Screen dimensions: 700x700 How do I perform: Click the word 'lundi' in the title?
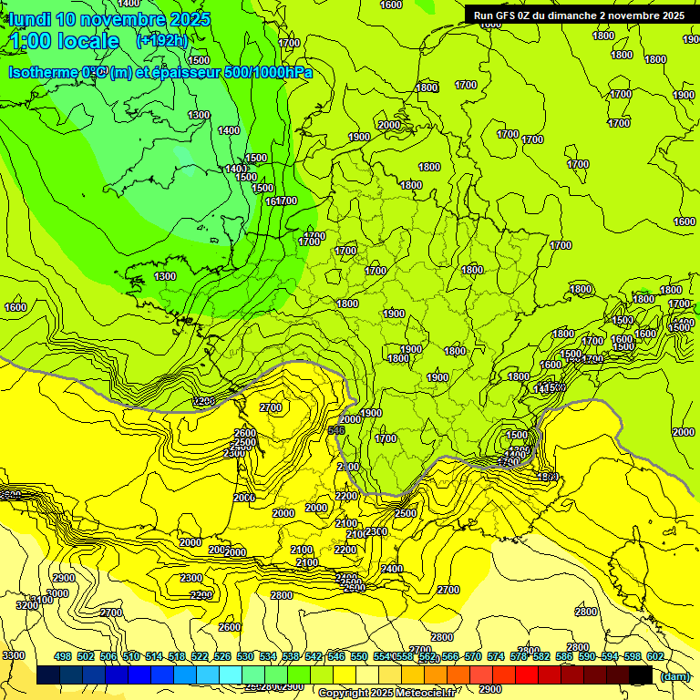(29, 19)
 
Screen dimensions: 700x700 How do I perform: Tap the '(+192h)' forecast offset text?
(161, 41)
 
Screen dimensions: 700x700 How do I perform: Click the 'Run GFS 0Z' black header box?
(579, 15)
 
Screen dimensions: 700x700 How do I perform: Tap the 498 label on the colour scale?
(63, 656)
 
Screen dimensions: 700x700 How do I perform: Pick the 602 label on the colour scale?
(655, 656)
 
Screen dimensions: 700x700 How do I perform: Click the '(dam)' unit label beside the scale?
(675, 676)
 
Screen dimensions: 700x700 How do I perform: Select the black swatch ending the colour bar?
(641, 675)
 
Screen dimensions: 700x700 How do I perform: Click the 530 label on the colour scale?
(245, 656)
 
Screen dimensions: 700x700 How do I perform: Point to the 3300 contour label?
(14, 655)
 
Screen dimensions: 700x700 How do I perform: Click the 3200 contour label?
(27, 605)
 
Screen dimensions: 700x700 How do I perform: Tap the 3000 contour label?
(57, 593)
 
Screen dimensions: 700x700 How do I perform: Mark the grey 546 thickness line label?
(336, 429)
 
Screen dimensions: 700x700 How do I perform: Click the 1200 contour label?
(204, 401)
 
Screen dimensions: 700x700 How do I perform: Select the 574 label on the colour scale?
(496, 656)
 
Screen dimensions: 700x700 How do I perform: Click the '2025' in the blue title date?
(190, 19)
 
